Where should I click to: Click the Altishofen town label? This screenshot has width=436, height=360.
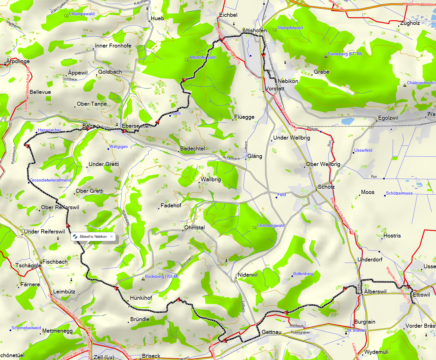click(255, 30)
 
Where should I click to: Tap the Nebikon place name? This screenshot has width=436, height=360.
click(288, 81)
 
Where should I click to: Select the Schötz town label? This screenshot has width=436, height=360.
click(326, 187)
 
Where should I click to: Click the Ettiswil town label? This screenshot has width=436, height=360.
click(421, 295)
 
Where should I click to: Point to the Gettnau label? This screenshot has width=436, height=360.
click(272, 332)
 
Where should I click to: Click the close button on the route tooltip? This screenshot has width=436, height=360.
click(112, 237)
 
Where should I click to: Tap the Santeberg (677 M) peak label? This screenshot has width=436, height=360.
click(345, 54)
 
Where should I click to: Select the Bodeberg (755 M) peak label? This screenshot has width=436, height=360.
click(162, 276)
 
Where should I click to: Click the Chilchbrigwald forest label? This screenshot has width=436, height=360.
click(271, 226)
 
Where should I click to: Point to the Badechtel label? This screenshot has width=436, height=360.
click(193, 149)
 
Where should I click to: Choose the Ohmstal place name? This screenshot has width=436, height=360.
click(195, 228)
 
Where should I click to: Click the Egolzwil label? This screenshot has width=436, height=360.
click(388, 118)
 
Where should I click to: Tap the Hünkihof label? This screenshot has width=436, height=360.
click(141, 298)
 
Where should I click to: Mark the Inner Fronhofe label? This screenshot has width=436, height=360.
click(113, 46)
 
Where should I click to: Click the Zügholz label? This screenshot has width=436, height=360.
click(410, 23)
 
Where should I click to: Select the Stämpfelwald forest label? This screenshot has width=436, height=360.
click(290, 28)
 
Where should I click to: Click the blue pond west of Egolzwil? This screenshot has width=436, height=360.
click(348, 121)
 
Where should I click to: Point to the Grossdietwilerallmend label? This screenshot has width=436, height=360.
click(51, 180)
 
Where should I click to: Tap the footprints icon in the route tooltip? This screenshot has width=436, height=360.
click(75, 237)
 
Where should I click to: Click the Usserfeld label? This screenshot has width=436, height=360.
click(363, 150)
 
